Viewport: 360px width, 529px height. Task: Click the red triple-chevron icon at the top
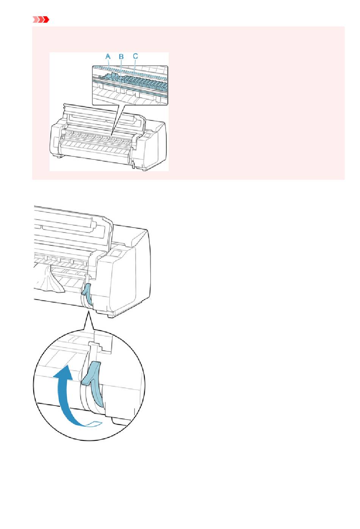[x=41, y=20]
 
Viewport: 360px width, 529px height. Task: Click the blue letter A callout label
[x=108, y=56]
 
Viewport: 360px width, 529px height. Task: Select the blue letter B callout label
[x=121, y=57]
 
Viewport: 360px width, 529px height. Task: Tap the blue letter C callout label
[x=135, y=56]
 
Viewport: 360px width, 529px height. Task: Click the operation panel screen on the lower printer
[x=116, y=254]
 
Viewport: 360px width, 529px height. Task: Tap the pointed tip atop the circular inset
[x=88, y=312]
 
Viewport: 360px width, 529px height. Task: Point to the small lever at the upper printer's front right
[x=133, y=165]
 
